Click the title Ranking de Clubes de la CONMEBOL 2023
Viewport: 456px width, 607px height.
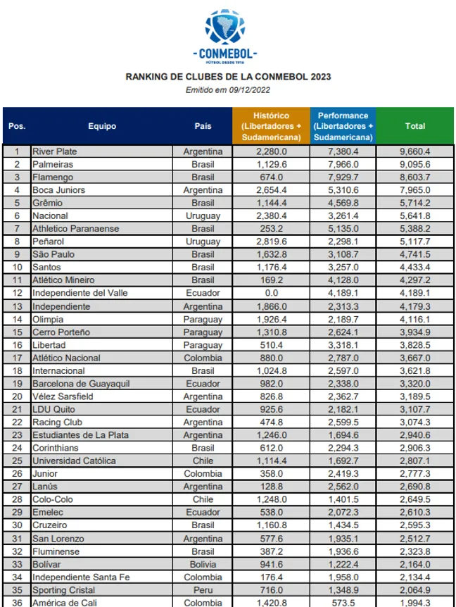tap(228, 77)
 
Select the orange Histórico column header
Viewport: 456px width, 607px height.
tap(271, 126)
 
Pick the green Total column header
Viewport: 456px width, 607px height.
tap(415, 126)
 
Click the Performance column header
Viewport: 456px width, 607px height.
tap(343, 126)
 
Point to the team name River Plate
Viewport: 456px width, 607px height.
tap(55, 151)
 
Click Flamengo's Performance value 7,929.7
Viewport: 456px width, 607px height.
tap(343, 177)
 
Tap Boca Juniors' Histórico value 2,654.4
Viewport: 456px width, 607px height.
tap(272, 190)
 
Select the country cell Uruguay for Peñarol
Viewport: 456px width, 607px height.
tap(203, 242)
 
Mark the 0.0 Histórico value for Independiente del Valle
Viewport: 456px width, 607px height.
tap(272, 293)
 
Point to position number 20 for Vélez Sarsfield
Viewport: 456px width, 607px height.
tap(17, 396)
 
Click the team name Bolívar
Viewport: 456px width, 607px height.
tap(47, 564)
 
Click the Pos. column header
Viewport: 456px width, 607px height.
tap(17, 126)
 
